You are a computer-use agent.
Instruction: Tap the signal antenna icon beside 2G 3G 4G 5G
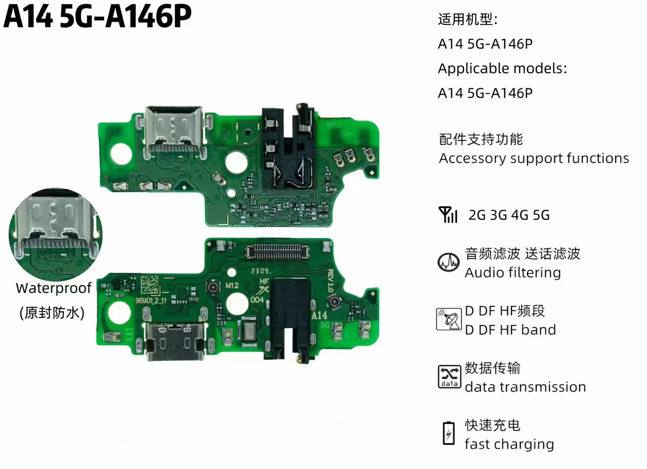click(x=448, y=215)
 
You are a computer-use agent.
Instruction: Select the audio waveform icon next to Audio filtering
click(x=448, y=262)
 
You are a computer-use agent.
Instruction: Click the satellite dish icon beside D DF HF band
click(x=449, y=320)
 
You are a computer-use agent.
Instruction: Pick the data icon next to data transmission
click(x=449, y=377)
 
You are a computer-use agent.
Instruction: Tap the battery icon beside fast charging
click(x=449, y=433)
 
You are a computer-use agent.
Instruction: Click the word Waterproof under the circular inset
click(x=53, y=288)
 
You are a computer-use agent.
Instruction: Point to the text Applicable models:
click(x=502, y=69)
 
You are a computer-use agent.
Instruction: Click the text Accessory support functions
click(x=534, y=158)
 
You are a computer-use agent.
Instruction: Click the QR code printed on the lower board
click(x=150, y=285)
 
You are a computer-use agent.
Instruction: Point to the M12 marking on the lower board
click(x=232, y=285)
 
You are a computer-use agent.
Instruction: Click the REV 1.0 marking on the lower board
click(x=330, y=281)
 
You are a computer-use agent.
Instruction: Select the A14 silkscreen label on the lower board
click(x=319, y=315)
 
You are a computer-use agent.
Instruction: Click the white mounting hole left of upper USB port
click(x=120, y=154)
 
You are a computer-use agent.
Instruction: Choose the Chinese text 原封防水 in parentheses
click(x=52, y=313)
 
